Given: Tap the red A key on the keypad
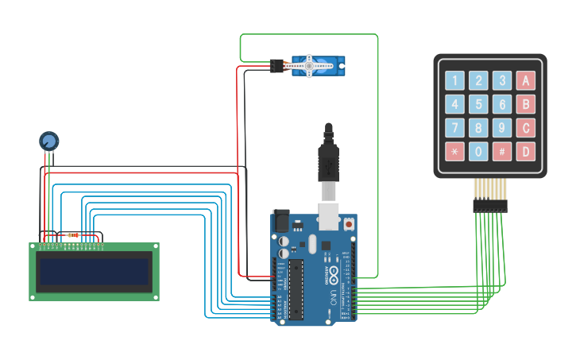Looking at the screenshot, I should (525, 80).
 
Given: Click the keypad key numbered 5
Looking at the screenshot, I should (478, 104).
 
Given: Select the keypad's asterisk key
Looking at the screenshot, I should (454, 151).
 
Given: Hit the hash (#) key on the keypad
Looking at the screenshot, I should (501, 151).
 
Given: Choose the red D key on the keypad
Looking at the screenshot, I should (525, 151).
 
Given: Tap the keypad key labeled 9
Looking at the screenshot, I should (501, 127).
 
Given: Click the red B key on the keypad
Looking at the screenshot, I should (525, 104).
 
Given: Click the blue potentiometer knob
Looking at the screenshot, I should (49, 141).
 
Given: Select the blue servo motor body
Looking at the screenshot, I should (319, 66).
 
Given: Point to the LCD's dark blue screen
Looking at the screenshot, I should (94, 271).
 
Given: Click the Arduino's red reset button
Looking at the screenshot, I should (349, 224).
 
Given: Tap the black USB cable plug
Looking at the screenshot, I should (328, 164).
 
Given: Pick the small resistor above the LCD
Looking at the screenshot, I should (75, 234).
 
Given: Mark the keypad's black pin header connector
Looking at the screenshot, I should (489, 205).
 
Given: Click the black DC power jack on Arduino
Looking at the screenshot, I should (281, 220).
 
